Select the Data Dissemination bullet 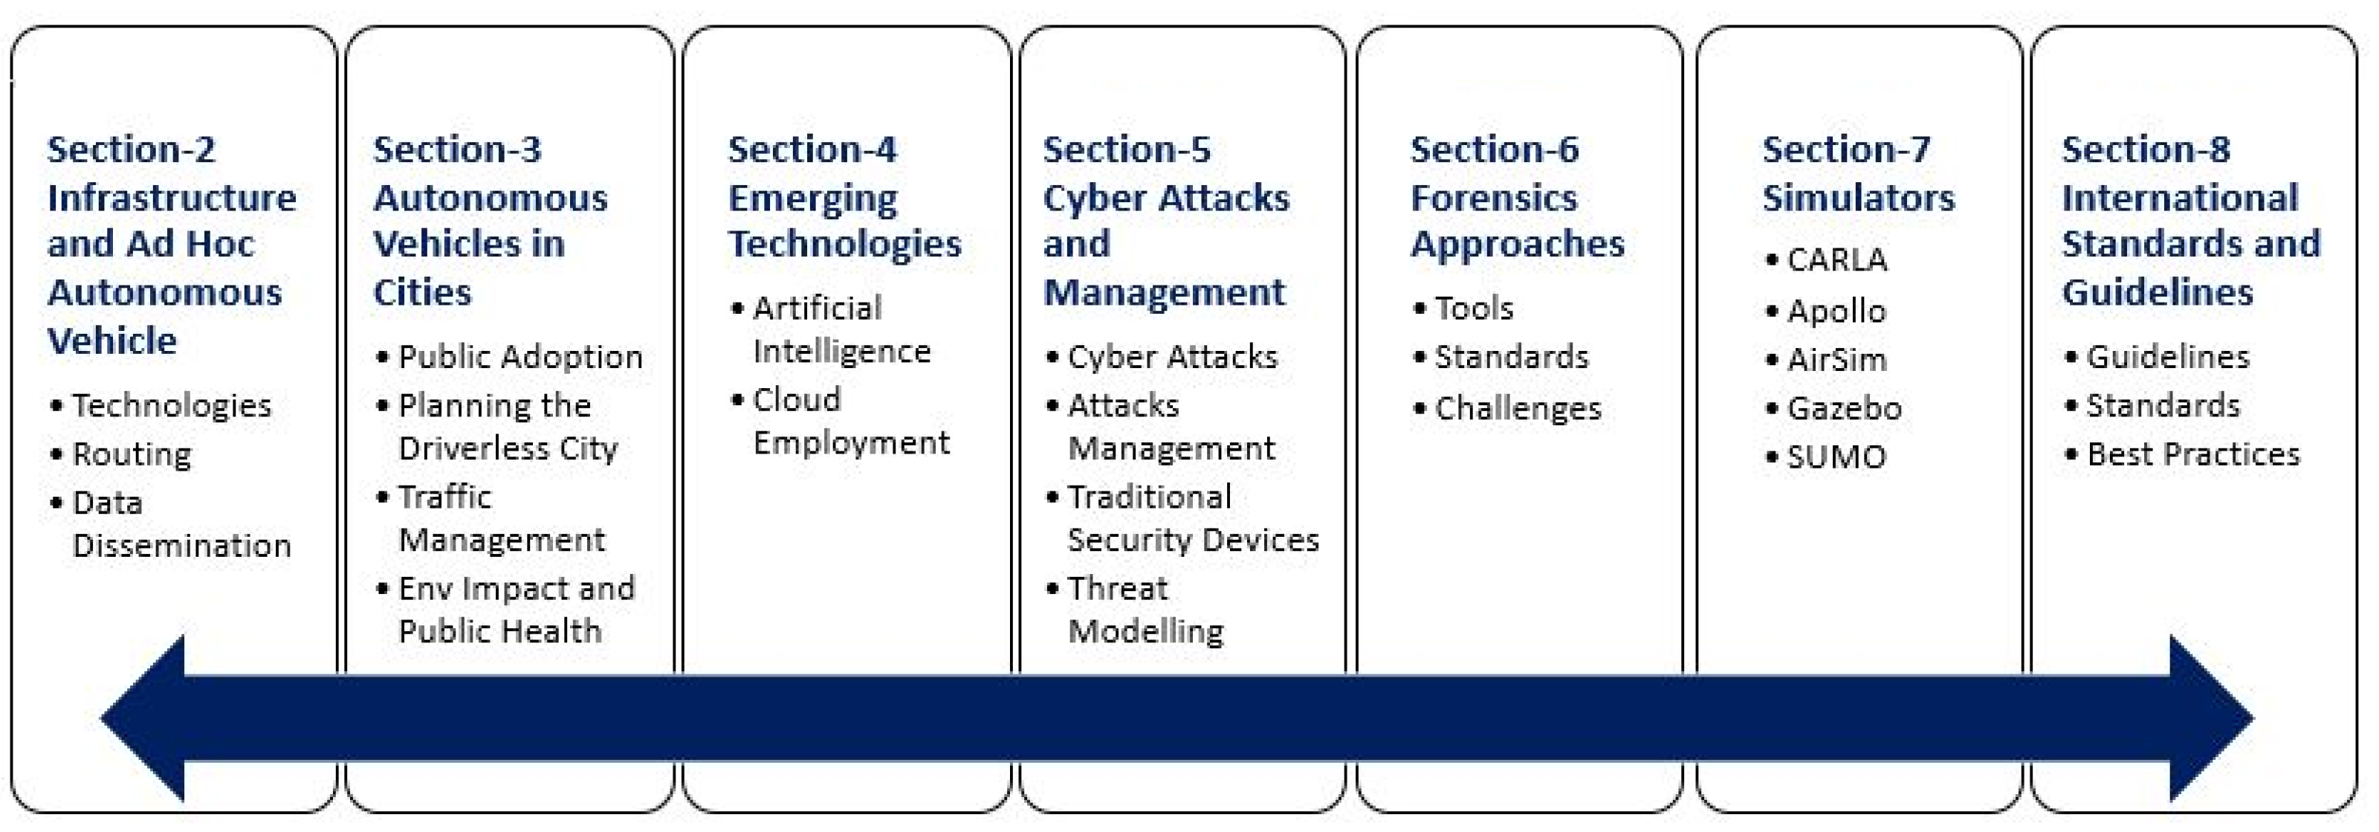pos(181,523)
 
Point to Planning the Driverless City pos(507,427)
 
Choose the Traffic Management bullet pos(501,518)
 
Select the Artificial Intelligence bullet pos(841,329)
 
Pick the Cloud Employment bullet pos(849,421)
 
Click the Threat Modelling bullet pos(1145,610)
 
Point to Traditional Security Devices pos(1192,518)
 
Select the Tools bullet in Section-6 pos(1473,309)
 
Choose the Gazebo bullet pos(1843,408)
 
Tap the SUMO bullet pos(1836,457)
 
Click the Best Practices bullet pos(2192,454)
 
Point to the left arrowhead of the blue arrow pos(148,718)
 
